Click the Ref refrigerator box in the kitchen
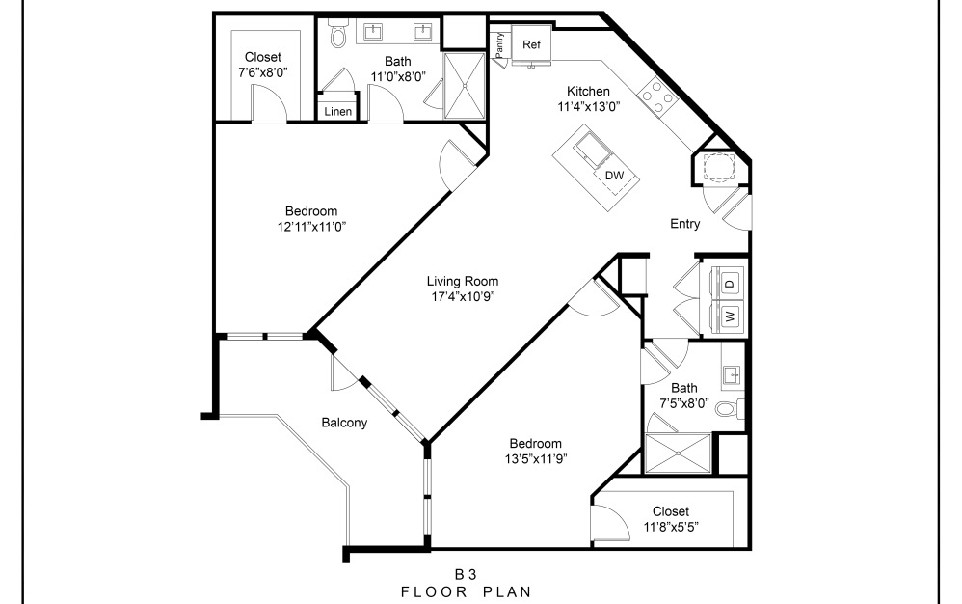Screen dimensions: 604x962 pos(531,44)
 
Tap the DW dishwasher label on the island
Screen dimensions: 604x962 pos(613,176)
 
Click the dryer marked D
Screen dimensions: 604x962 pos(730,283)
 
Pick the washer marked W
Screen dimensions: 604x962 pos(730,316)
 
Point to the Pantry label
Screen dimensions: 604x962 pos(500,45)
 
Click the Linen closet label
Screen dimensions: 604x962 pos(337,112)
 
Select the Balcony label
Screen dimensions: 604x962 pos(344,422)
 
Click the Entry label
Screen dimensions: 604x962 pos(684,224)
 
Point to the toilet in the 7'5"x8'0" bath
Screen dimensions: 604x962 pos(726,408)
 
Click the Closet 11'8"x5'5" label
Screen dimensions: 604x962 pos(670,519)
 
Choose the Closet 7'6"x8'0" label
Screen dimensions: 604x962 pos(263,65)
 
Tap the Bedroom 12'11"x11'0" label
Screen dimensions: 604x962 pos(311,219)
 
